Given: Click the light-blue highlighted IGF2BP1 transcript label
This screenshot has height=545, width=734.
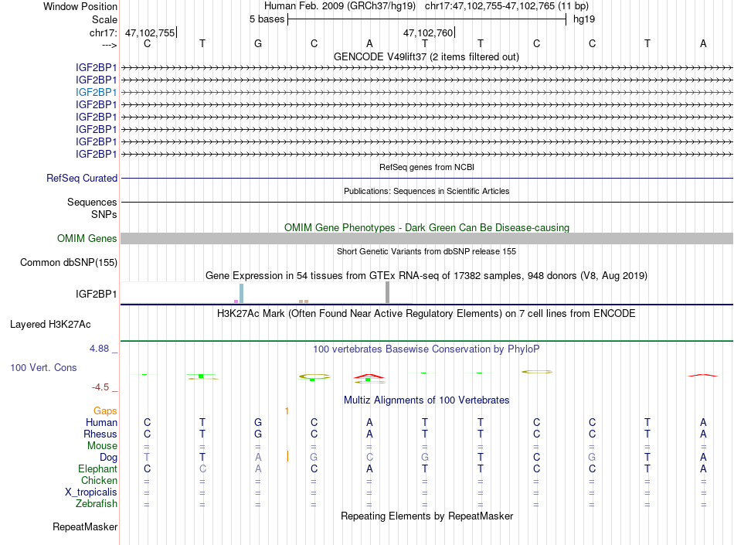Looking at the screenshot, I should click(96, 92).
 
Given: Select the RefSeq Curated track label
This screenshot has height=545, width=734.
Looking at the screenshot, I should click(82, 178).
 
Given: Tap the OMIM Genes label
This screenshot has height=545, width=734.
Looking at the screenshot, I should click(87, 239).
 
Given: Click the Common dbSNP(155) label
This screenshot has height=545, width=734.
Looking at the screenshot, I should click(69, 263).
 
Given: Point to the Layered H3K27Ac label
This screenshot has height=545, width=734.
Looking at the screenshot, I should click(63, 325).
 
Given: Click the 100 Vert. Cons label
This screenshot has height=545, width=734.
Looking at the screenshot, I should click(43, 368).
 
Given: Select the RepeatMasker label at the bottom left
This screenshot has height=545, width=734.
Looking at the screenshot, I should click(85, 527).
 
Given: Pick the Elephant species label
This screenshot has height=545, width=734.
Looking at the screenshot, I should click(97, 469).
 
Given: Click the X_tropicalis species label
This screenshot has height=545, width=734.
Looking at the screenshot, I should click(91, 492).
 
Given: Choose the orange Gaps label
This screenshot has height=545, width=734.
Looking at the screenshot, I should click(105, 411).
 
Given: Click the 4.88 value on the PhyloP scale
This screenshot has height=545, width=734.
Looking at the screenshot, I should click(102, 349).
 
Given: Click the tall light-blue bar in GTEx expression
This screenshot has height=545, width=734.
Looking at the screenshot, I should click(241, 294).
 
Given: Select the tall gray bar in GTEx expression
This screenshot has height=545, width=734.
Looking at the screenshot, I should click(387, 293).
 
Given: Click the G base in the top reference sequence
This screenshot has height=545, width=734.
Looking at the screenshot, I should click(258, 43).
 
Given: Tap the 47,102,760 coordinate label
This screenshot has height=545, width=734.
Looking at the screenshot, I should click(428, 32).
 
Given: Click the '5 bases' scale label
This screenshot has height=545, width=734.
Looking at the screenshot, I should click(267, 19).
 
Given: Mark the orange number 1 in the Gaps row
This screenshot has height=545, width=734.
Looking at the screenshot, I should click(287, 411).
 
